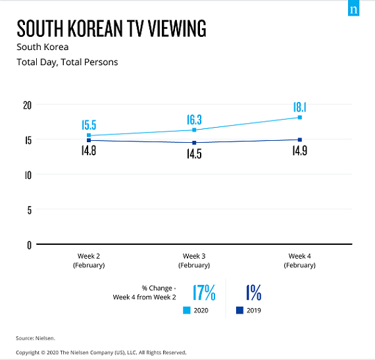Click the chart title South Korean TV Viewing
[111, 29]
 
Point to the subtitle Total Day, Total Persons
[66, 63]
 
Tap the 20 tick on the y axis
[26, 105]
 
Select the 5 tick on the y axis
[28, 210]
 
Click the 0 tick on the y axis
[28, 245]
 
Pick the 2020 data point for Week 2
[89, 136]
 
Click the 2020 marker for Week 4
[299, 117]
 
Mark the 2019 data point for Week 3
[194, 143]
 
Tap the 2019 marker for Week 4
[299, 140]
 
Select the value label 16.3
[193, 120]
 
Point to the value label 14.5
[193, 155]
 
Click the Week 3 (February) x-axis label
[194, 261]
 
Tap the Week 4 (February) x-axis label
[299, 261]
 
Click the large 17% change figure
[204, 292]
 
